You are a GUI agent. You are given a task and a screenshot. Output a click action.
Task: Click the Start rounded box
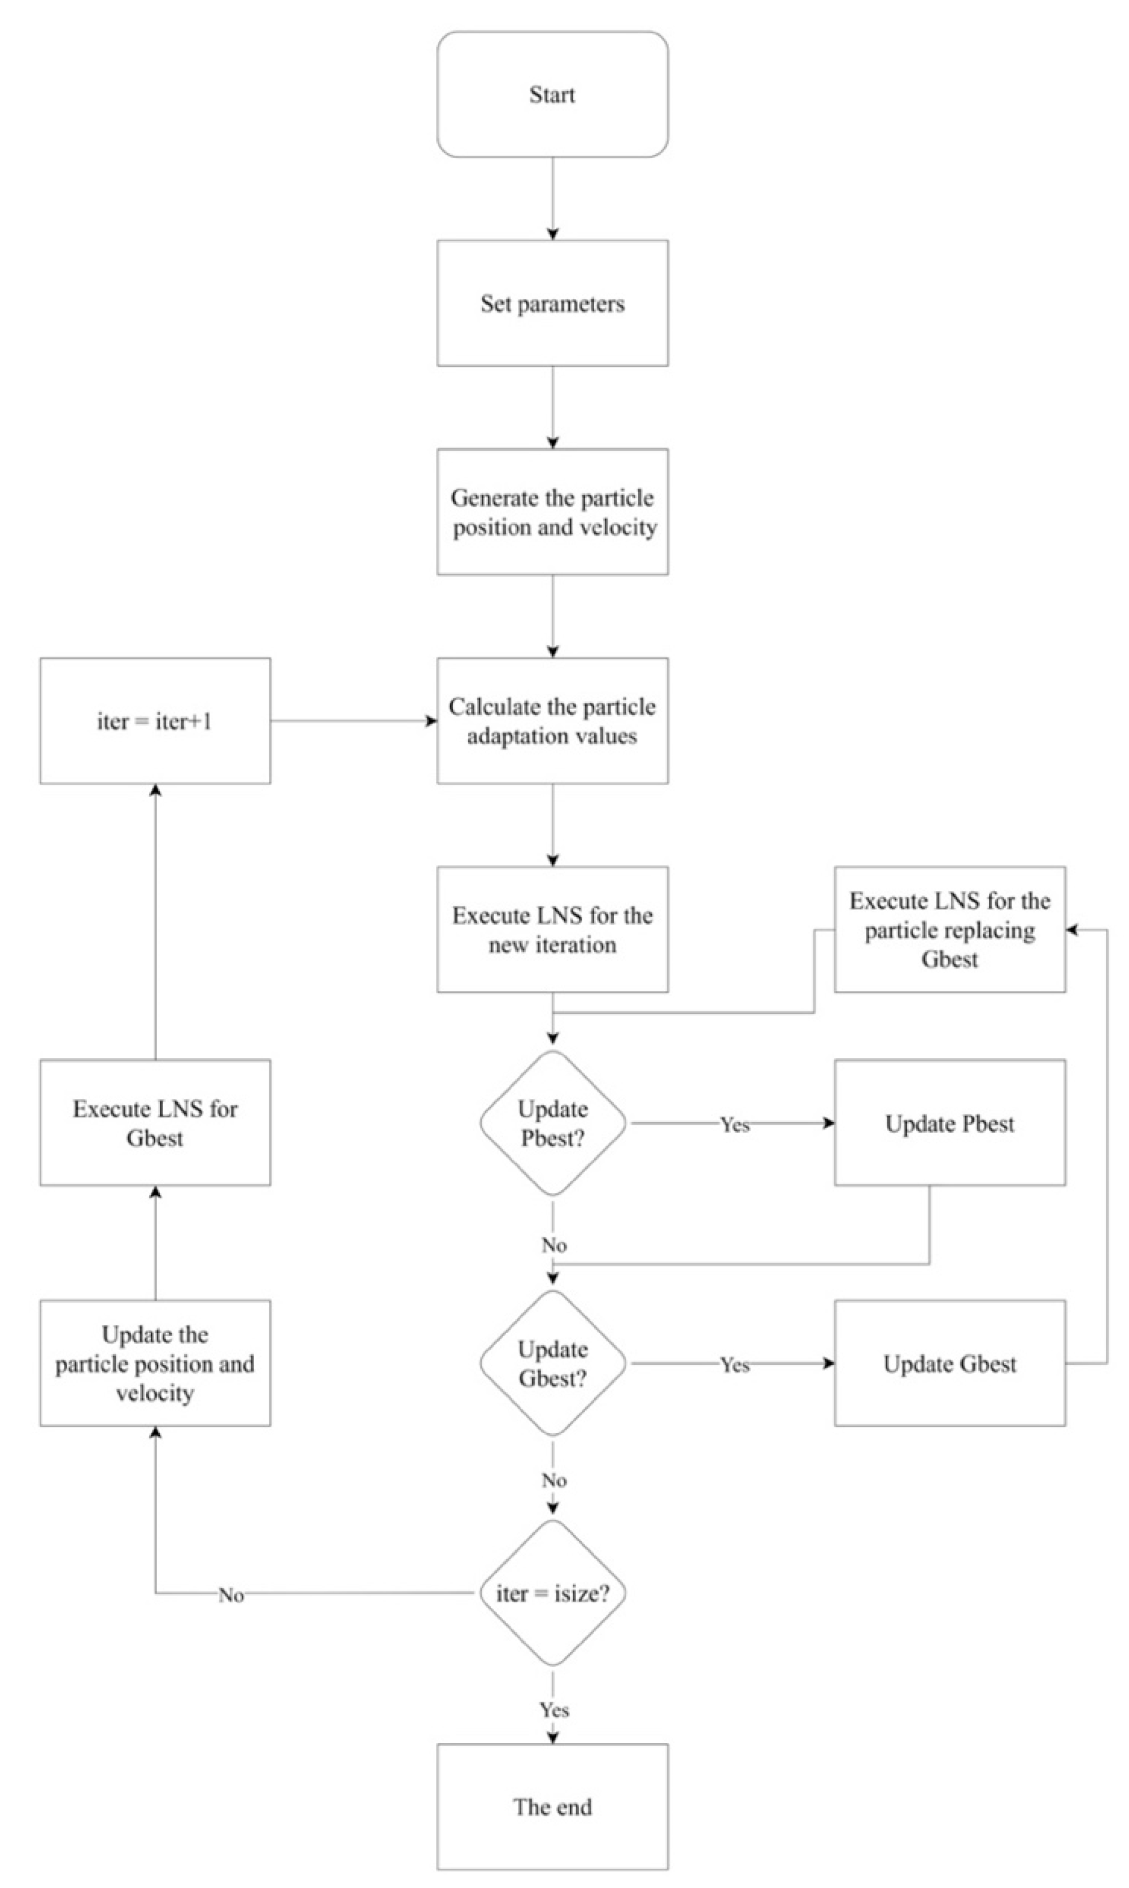552,94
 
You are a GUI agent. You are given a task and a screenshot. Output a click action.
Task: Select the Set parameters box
552,303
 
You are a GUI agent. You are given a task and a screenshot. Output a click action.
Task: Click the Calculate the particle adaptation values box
552,721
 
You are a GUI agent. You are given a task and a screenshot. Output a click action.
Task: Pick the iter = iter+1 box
155,721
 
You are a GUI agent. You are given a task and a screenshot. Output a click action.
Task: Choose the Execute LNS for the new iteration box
552,929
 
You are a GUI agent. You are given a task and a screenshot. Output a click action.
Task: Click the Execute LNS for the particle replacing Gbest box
949,929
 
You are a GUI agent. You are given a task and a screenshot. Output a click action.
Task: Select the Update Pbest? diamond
552,1123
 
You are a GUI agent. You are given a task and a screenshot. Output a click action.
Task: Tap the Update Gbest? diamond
552,1364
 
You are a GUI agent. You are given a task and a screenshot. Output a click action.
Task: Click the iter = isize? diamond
552,1594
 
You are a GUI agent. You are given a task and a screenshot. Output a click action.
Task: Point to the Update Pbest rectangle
949,1123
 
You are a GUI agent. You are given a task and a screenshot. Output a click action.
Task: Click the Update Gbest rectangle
949,1364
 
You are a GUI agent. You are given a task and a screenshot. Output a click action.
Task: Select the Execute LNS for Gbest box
155,1123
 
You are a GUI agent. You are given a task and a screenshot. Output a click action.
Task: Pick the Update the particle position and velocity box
155,1364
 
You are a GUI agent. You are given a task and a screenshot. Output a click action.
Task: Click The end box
552,1807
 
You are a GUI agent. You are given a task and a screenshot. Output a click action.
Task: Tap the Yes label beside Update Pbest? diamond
735,1125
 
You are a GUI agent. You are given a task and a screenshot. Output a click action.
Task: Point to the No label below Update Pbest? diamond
554,1246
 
